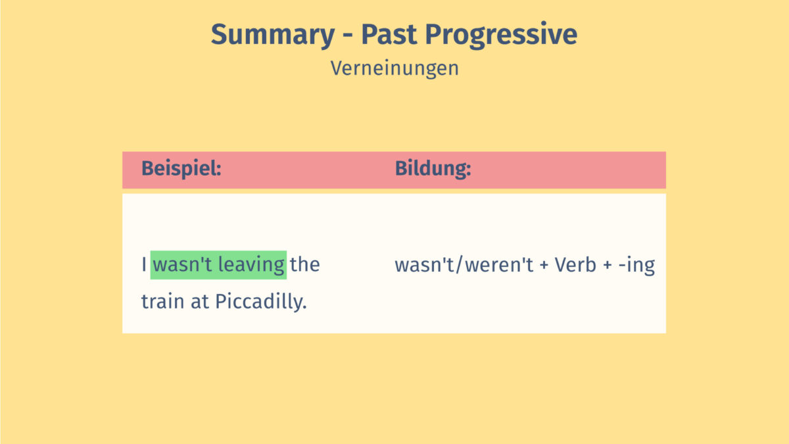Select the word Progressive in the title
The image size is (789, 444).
pos(512,34)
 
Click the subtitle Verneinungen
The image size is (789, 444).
pos(394,68)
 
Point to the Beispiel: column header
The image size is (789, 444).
pos(181,169)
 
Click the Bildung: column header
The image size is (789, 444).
pos(433,169)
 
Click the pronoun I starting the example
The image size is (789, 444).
pos(144,265)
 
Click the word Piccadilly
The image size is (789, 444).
pos(262,302)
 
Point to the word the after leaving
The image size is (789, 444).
pos(305,265)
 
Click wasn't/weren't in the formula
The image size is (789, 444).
pos(464,265)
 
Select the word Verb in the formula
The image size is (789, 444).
pos(575,265)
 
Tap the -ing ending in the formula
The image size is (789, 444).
pos(637,265)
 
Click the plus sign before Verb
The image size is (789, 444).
pos(544,266)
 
